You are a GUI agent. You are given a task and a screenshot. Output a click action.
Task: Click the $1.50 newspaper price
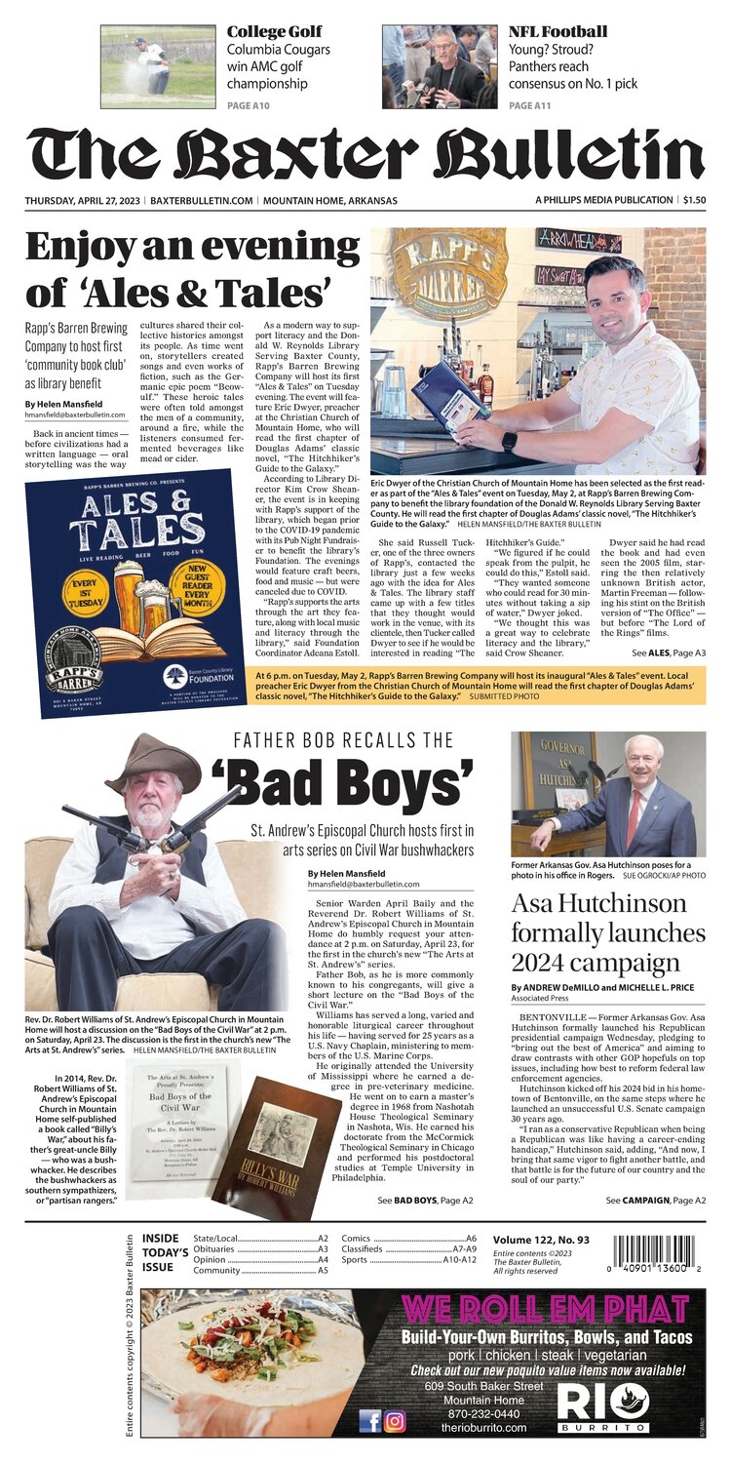[x=694, y=200]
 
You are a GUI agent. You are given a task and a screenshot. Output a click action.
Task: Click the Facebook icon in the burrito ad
[x=370, y=1421]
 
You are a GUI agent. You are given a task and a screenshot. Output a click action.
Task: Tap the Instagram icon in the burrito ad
[x=395, y=1421]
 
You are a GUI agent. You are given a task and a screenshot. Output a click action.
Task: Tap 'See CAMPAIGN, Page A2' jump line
[x=656, y=1199]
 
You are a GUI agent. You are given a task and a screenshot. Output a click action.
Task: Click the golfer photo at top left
[x=145, y=65]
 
